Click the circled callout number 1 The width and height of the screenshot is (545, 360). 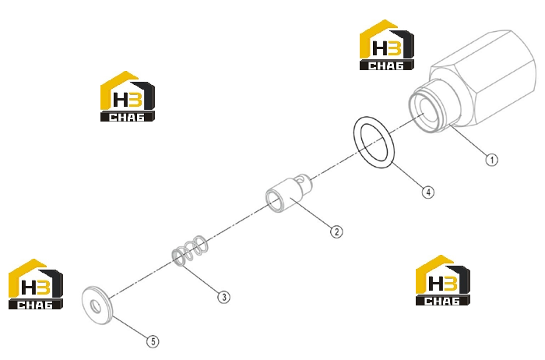point(491,160)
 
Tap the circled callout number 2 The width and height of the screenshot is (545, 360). point(336,231)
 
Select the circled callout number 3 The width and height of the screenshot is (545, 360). point(224,297)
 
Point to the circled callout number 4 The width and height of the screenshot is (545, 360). point(428,192)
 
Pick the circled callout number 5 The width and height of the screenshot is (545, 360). point(153,341)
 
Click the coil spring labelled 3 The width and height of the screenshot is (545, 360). point(191,250)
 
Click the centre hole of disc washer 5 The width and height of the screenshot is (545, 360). point(95,306)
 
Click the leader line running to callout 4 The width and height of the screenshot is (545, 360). point(407,175)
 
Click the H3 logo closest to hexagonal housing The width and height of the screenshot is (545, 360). point(386,45)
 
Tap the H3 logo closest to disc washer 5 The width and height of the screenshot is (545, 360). point(36,284)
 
